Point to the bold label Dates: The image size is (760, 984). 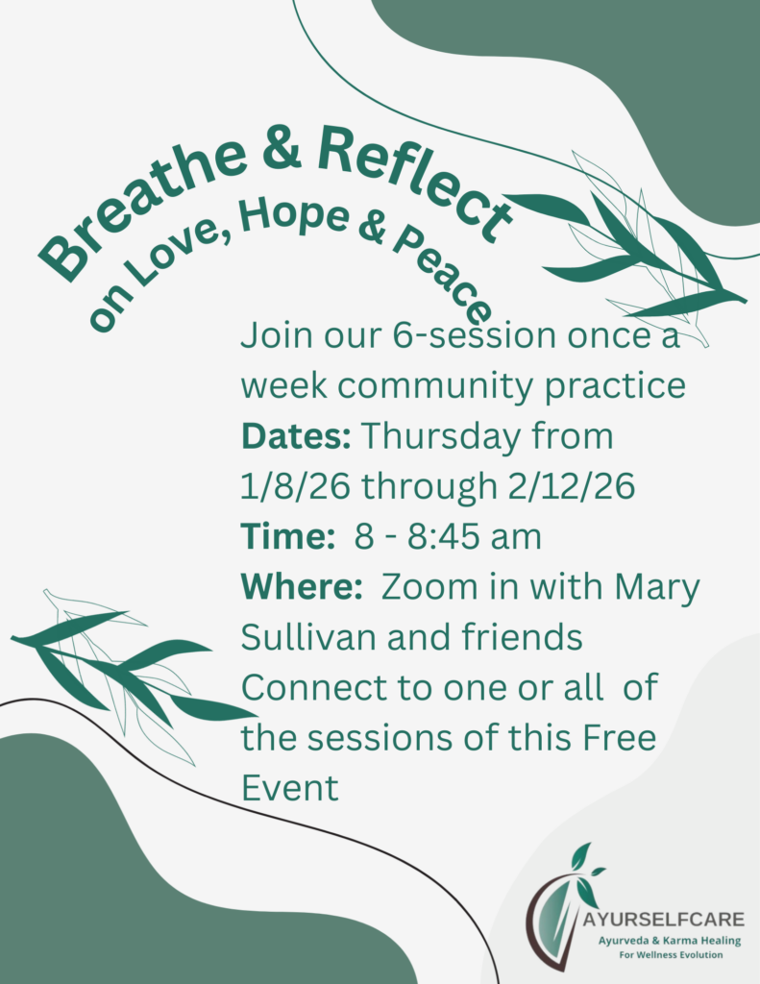click(296, 435)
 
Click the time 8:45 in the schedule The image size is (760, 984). click(454, 536)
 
